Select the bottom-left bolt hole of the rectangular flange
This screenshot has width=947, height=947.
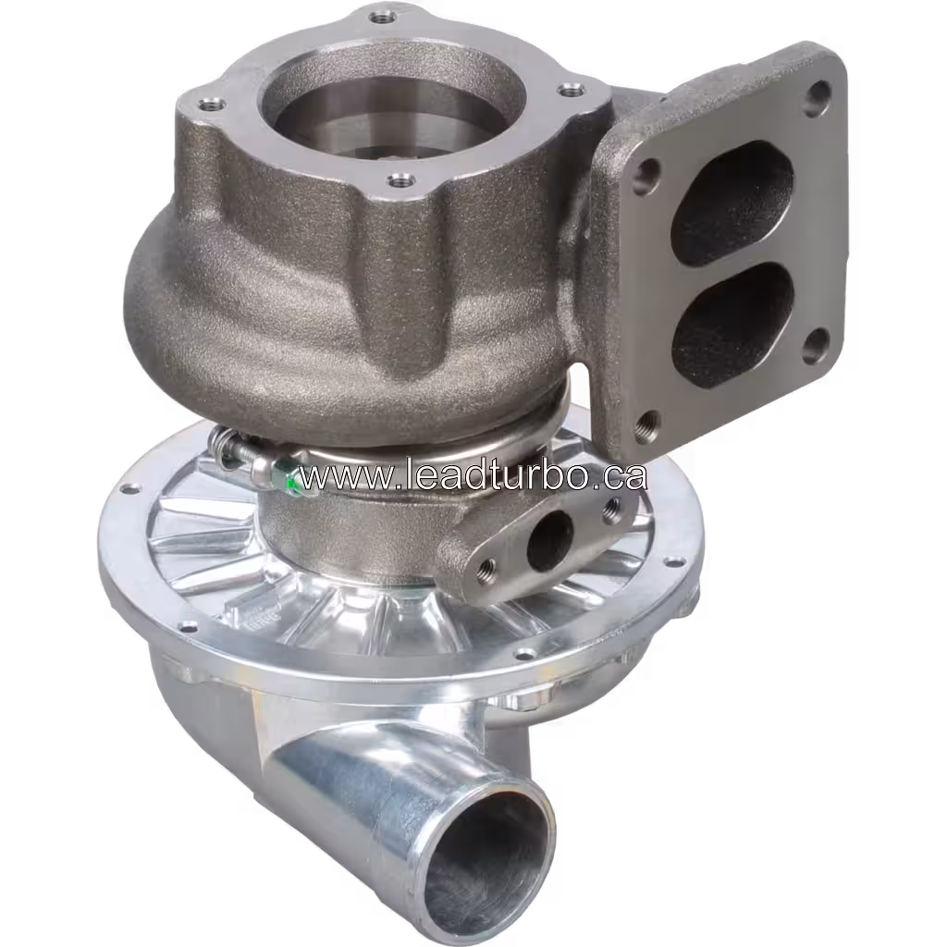pyautogui.click(x=648, y=423)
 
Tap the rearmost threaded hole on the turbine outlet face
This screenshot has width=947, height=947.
pyautogui.click(x=380, y=18)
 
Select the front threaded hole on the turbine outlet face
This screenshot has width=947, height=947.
pyautogui.click(x=398, y=180)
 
